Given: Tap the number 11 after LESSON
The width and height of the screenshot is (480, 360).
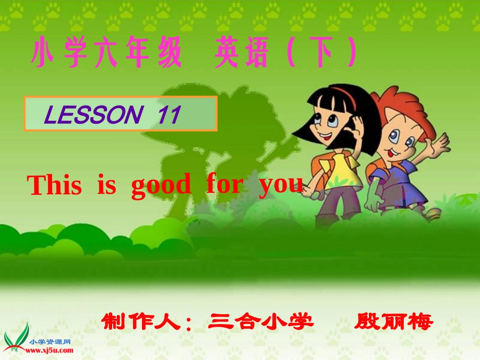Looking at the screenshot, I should pos(169,115).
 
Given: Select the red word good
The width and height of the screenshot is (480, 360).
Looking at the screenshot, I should pos(161,186).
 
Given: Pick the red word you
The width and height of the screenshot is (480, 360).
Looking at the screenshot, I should pos(281,185).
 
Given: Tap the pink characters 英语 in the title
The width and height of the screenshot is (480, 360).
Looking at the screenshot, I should pos(241,55).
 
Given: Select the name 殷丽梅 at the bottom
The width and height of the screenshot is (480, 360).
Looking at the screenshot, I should pos(394,321).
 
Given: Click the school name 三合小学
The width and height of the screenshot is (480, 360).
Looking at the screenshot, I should pos(261,321).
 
